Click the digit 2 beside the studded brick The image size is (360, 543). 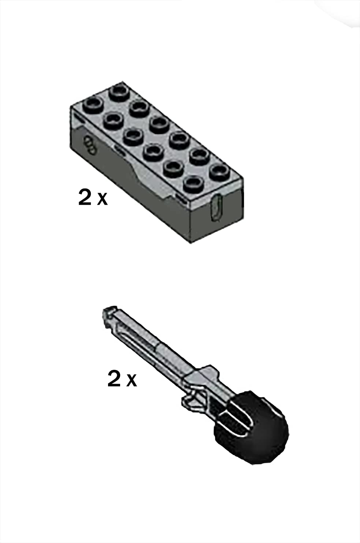click(x=85, y=197)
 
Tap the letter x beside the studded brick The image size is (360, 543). click(x=102, y=199)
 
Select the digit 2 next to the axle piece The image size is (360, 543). click(x=114, y=379)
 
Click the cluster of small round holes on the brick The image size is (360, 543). click(x=89, y=145)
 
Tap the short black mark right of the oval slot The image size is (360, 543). click(x=242, y=201)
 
